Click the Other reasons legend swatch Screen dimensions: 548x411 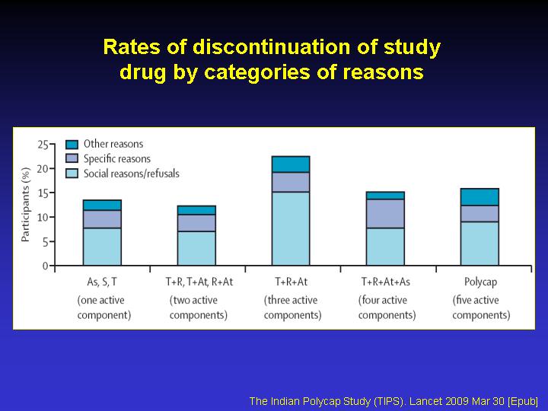pos(72,145)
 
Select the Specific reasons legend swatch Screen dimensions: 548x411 pos(72,158)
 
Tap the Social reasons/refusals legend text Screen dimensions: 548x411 pos(132,174)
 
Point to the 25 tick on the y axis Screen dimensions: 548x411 pos(52,144)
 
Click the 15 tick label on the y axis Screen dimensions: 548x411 pos(43,193)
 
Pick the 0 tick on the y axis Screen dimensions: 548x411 pos(52,266)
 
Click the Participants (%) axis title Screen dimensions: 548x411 pos(26,205)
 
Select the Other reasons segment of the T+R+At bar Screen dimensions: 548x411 pos(291,164)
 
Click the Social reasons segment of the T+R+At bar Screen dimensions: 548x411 pos(291,228)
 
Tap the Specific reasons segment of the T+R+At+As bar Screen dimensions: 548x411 pos(385,214)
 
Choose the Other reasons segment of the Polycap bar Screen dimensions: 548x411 pos(479,197)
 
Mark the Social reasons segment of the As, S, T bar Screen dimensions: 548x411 pos(102,247)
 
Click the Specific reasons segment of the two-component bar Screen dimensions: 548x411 pos(196,223)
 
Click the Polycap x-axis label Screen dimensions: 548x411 pos(480,282)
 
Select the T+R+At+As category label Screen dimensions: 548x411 pos(385,282)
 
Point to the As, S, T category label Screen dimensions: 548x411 pos(102,282)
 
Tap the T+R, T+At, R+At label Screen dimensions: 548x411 pos(199,282)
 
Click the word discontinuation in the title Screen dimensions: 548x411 pos(272,47)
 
